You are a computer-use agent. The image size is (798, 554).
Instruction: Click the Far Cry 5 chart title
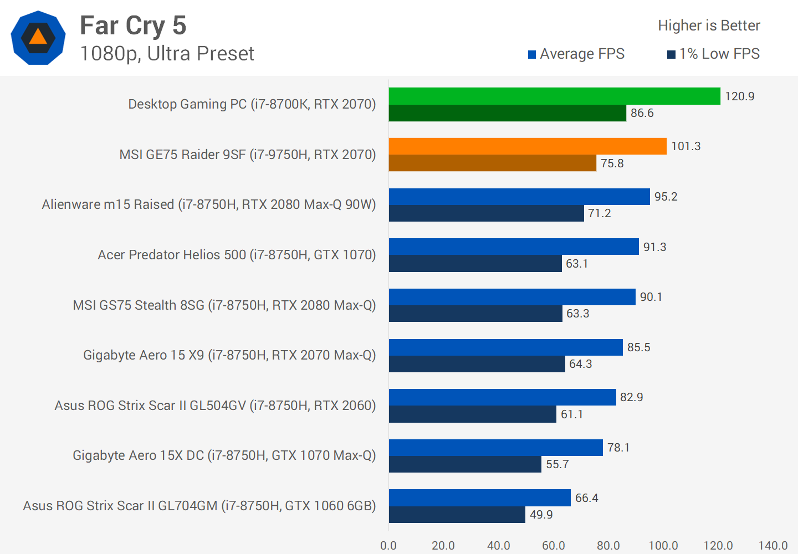tap(133, 25)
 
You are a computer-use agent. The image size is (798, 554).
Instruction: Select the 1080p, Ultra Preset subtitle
tap(167, 54)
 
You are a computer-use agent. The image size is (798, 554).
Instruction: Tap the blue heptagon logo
tap(38, 38)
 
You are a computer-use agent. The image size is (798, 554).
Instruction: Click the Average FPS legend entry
tap(576, 54)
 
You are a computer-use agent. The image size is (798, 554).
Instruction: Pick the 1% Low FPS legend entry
tap(714, 54)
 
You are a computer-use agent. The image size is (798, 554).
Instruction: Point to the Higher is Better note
tap(709, 25)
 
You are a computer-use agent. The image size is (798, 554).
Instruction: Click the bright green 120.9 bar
tap(554, 96)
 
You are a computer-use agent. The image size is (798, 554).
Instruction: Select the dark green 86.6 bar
tap(507, 113)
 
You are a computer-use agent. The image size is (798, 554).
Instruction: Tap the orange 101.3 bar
tap(528, 146)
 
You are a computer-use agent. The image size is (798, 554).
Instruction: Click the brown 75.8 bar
tap(492, 163)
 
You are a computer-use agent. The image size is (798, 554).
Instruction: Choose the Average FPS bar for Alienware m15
tap(519, 197)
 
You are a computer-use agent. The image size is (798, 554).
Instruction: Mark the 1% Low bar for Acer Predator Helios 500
tap(475, 263)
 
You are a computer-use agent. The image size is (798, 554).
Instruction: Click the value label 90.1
tap(651, 297)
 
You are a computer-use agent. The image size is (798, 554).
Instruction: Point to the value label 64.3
tap(580, 364)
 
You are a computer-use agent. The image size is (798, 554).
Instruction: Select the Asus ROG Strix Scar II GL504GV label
tap(215, 406)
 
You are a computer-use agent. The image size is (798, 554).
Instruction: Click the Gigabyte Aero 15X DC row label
tap(224, 455)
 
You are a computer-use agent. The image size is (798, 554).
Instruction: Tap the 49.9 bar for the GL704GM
tap(457, 515)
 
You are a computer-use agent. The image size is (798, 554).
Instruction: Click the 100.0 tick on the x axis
tap(663, 545)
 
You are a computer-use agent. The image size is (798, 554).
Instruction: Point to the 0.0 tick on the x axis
tap(388, 545)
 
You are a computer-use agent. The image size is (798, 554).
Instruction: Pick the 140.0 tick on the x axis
tap(773, 545)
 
